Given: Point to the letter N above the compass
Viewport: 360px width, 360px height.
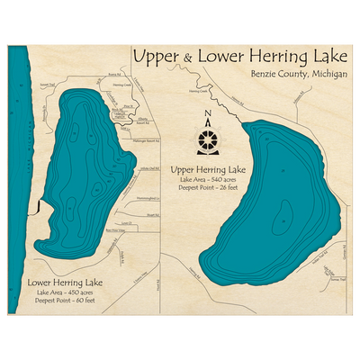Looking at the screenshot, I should pos(208,114).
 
